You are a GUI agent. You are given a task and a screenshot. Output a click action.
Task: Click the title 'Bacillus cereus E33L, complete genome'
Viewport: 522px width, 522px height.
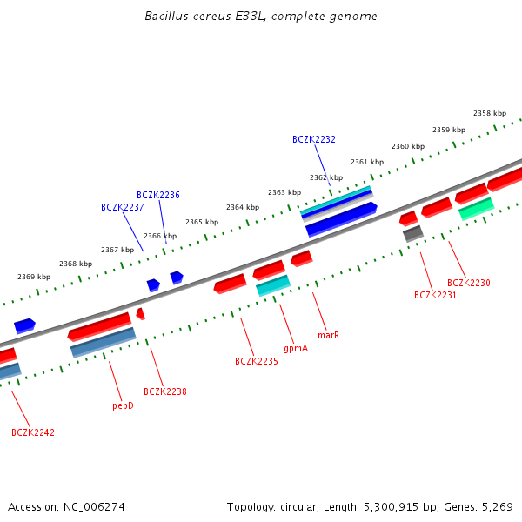[x=261, y=17]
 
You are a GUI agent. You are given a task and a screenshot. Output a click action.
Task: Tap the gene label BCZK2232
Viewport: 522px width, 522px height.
[x=314, y=139]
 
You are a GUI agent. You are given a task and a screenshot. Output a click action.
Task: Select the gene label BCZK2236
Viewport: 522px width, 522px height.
[x=158, y=195]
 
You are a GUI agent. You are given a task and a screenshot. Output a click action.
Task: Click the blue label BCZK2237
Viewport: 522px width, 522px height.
[x=123, y=207]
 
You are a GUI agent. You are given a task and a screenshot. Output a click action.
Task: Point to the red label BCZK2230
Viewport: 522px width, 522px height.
[x=469, y=283]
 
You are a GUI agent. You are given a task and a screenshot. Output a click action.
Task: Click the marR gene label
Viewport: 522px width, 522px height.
[x=328, y=335]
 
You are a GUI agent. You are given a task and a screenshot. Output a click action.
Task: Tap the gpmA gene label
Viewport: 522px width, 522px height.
[x=296, y=348]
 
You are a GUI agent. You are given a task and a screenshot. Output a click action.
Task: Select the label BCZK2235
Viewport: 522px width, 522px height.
[x=257, y=361]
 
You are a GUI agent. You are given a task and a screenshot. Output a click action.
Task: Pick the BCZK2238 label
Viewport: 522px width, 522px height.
[x=165, y=391]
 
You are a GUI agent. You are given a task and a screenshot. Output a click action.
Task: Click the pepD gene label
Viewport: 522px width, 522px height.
[x=123, y=405]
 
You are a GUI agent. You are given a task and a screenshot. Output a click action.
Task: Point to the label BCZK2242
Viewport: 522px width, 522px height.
[x=33, y=432]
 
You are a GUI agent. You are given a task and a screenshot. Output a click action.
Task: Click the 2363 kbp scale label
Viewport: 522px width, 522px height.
[x=284, y=192]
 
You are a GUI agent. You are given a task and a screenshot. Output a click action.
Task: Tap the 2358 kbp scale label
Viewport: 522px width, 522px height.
[x=490, y=113]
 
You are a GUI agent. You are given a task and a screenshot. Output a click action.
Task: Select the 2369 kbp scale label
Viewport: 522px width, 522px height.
[x=34, y=277]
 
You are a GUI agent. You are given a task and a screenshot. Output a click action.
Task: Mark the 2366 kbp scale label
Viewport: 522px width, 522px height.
[x=160, y=236]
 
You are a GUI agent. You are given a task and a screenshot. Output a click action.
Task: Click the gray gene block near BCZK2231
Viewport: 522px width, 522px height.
[x=413, y=233]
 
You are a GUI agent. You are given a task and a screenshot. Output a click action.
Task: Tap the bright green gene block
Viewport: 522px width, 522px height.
[x=476, y=209]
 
